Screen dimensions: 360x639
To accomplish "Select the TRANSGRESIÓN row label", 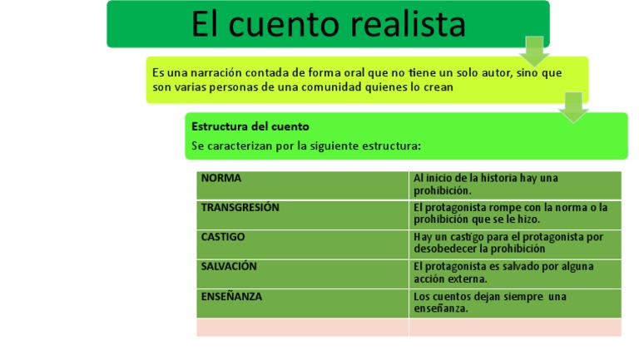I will tap(303, 215).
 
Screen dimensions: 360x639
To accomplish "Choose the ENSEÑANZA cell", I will tap(303, 303).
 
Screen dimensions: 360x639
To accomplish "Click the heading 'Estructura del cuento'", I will tap(250, 126).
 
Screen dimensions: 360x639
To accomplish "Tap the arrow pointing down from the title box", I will tap(534, 50).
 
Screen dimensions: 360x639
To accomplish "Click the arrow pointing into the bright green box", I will tap(573, 106).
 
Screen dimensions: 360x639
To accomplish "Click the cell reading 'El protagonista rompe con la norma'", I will tap(515, 215).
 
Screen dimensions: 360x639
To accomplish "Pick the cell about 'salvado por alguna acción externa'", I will tap(515, 274).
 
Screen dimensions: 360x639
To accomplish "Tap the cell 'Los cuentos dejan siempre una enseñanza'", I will tap(515, 303).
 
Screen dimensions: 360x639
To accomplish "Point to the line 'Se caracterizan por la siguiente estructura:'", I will tap(306, 145).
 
